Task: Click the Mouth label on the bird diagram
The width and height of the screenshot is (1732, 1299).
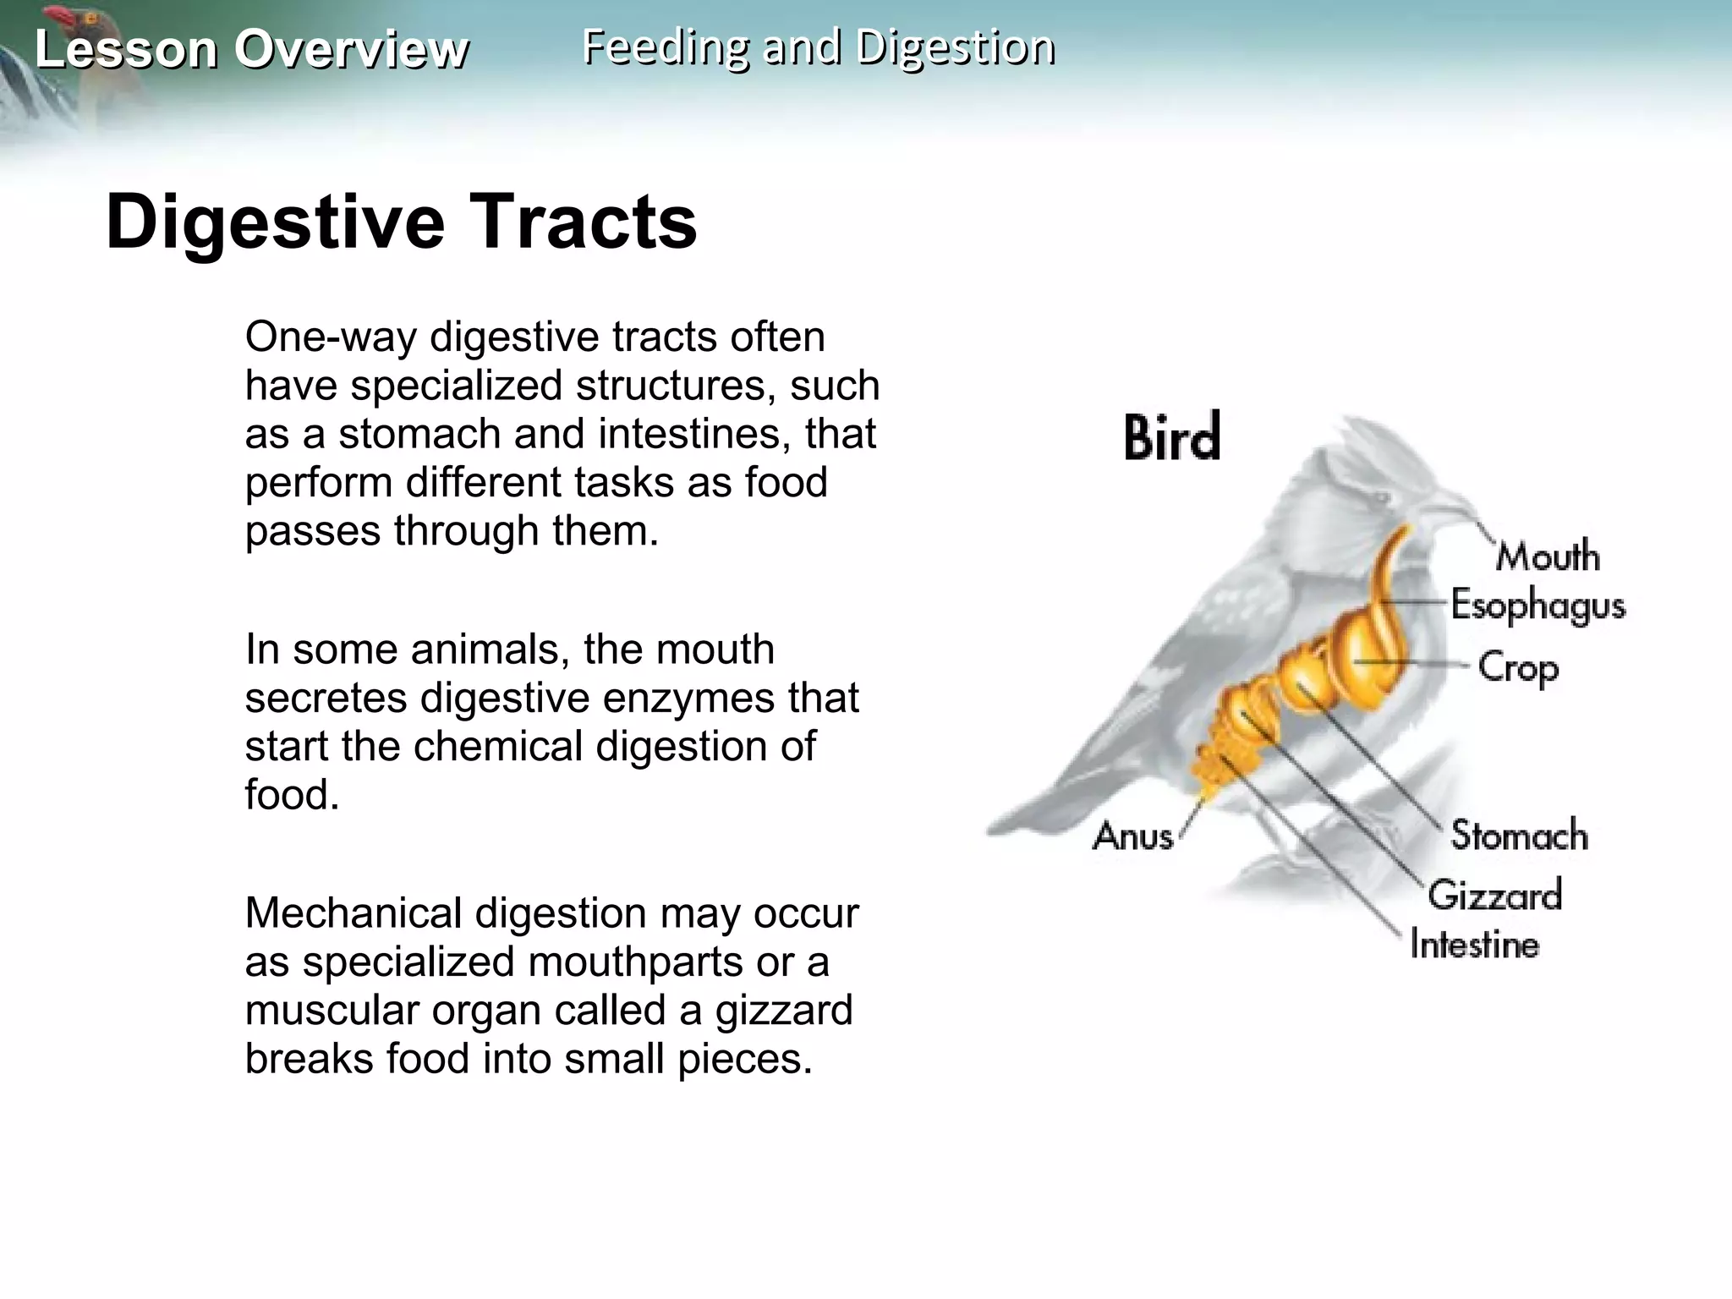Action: [1548, 556]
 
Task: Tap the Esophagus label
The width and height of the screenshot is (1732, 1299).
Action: [1537, 606]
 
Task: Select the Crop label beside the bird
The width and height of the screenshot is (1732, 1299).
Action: [1518, 668]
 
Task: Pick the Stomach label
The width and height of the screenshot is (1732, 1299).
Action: [1519, 836]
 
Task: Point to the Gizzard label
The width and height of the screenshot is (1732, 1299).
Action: [1494, 895]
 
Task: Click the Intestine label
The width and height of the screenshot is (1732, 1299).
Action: [1474, 945]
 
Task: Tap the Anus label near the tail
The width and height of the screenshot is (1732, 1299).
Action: [1132, 836]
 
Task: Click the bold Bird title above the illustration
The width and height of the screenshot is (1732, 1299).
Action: [1172, 437]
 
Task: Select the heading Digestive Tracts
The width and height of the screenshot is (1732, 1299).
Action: [401, 222]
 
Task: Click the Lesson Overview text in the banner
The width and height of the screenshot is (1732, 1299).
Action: [251, 49]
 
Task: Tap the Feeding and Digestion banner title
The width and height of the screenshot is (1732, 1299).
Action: [818, 47]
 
